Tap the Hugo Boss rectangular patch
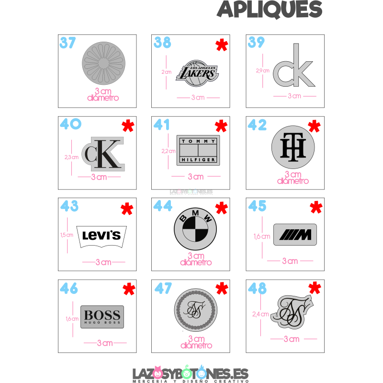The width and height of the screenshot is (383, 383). (x=102, y=316)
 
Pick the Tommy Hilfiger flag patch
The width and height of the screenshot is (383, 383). (x=198, y=150)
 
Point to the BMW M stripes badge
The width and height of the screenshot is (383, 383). (x=295, y=234)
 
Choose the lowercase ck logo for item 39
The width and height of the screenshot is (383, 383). (x=294, y=69)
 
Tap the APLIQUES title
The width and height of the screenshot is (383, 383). (x=270, y=9)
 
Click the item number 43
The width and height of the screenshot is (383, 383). (x=69, y=206)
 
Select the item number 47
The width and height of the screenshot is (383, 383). (x=163, y=288)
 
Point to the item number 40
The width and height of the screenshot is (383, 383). (x=70, y=124)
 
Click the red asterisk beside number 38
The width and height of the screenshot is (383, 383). (x=221, y=45)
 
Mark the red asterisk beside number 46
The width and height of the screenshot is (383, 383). (x=129, y=289)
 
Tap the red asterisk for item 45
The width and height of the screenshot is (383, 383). (x=316, y=207)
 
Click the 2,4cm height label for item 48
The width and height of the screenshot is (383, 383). (x=260, y=314)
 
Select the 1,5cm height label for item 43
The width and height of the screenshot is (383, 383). (x=67, y=235)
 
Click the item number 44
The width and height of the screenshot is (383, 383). (x=163, y=206)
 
